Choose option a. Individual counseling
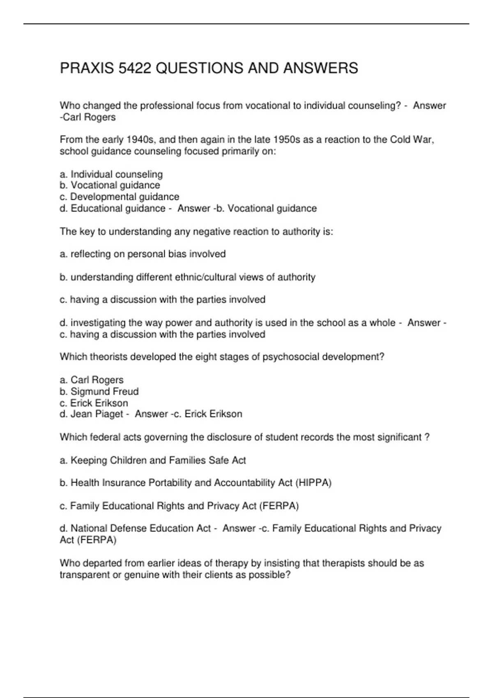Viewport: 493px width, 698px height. tap(111, 174)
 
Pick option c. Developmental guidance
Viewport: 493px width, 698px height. tap(120, 197)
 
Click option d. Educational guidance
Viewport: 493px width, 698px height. tap(113, 209)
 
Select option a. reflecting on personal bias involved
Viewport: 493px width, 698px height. tap(143, 254)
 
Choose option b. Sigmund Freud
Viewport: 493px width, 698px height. tap(99, 391)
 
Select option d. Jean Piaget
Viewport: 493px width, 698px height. tap(91, 414)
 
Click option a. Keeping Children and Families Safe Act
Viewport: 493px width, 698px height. tap(153, 460)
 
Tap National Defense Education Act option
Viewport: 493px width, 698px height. tap(135, 528)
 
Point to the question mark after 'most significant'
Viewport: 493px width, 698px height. tap(427, 437)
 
